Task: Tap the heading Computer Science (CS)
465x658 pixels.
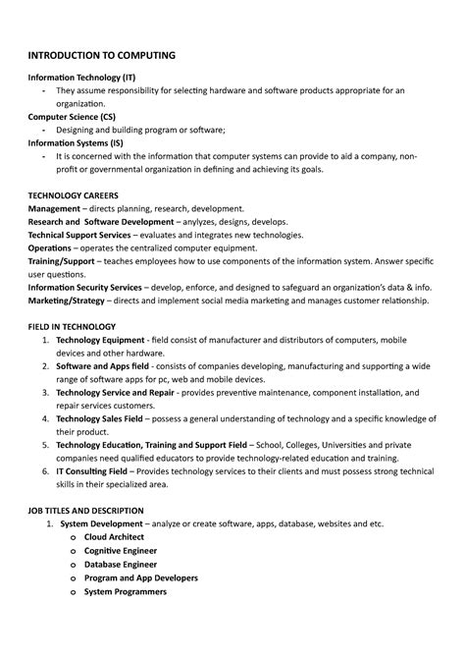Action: [x=72, y=115]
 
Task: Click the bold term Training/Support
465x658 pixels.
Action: [x=67, y=261]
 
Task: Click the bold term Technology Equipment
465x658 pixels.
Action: [x=105, y=339]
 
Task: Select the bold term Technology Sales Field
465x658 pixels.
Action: [x=106, y=418]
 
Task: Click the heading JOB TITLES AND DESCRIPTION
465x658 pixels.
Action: [x=86, y=511]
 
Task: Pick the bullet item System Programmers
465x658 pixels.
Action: [x=125, y=591]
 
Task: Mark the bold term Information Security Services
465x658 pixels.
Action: [x=84, y=287]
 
